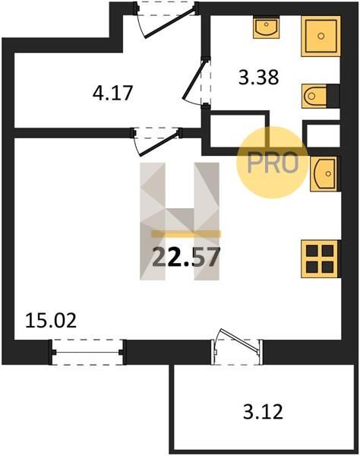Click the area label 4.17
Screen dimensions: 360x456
[x=112, y=93]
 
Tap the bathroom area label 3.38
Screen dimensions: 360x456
[x=258, y=78]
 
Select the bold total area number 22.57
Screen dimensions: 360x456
[x=185, y=258]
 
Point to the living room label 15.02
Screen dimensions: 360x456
[x=51, y=321]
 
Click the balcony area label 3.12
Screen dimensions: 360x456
[x=263, y=411]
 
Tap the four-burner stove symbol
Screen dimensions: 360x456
[x=321, y=258]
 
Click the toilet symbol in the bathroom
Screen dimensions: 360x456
[x=314, y=96]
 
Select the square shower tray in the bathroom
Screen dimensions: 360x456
[x=321, y=36]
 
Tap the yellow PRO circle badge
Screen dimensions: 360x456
[x=272, y=163]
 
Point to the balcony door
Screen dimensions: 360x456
[x=237, y=347]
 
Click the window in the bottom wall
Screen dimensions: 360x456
[x=87, y=352]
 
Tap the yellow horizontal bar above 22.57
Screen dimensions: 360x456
[x=186, y=234]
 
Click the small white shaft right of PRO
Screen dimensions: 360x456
[x=324, y=135]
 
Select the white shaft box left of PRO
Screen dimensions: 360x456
[x=238, y=130]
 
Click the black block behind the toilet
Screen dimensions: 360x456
[x=333, y=96]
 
